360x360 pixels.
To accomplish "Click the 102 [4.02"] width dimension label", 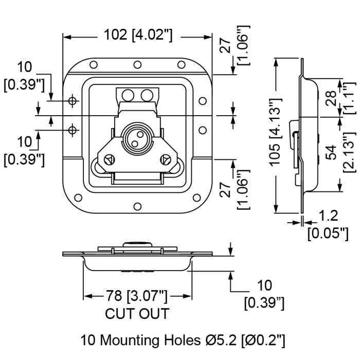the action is pyautogui.click(x=138, y=35).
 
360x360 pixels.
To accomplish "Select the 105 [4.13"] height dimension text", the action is pyautogui.click(x=275, y=132).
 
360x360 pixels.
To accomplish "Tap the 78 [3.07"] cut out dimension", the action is pyautogui.click(x=136, y=296).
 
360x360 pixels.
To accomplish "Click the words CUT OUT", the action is pyautogui.click(x=137, y=314).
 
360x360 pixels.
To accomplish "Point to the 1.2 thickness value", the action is pyautogui.click(x=328, y=215).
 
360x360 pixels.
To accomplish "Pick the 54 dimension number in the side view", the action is pyautogui.click(x=331, y=152).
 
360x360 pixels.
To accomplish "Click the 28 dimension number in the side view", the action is pyautogui.click(x=331, y=99).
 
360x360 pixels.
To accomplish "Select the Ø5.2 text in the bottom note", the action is pyautogui.click(x=221, y=340).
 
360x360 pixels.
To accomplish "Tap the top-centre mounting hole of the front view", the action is pyautogui.click(x=137, y=65).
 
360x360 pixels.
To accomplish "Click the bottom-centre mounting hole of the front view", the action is pyautogui.click(x=137, y=206).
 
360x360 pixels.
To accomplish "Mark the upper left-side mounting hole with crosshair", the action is pyautogui.click(x=73, y=101).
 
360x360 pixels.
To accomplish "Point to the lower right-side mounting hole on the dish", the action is pyautogui.click(x=203, y=130).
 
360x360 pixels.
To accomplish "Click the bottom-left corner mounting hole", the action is pyautogui.click(x=78, y=197).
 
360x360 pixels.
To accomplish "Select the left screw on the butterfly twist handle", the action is pyautogui.click(x=110, y=159).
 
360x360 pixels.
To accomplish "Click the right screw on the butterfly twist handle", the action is pyautogui.click(x=165, y=159).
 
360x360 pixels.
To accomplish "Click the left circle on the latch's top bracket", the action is pyautogui.click(x=128, y=95).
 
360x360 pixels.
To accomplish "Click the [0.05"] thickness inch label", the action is pyautogui.click(x=328, y=233).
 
